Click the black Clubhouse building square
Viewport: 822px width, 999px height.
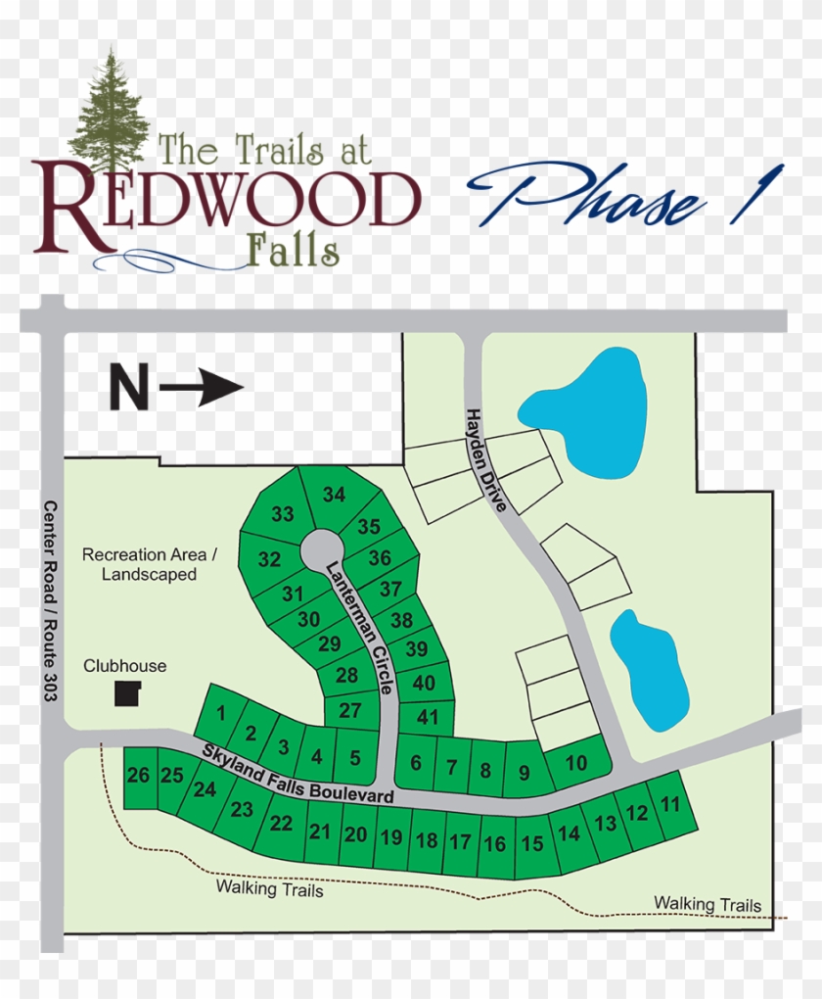click(x=127, y=694)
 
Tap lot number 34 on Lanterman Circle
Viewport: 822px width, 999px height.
click(x=335, y=495)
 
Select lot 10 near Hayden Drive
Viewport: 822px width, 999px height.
click(x=576, y=763)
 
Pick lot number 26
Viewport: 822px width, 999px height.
click(x=138, y=776)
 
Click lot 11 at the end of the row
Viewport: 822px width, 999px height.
click(x=670, y=805)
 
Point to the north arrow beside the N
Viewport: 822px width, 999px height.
click(x=202, y=388)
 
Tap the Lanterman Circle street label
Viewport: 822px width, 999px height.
click(x=360, y=626)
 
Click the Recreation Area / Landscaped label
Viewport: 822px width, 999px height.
click(x=149, y=564)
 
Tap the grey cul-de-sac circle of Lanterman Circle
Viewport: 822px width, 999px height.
click(x=321, y=548)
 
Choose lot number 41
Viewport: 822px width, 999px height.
click(x=428, y=717)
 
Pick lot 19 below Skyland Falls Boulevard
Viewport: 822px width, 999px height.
click(x=391, y=837)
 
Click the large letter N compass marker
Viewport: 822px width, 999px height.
click(x=128, y=388)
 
